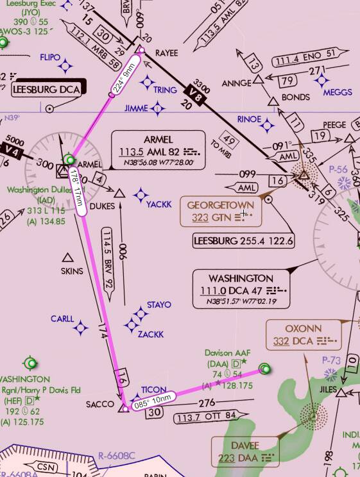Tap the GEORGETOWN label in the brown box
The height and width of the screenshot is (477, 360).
coord(220,205)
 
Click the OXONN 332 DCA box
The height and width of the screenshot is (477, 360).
coord(303,335)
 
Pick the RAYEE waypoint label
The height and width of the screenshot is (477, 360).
coord(167,53)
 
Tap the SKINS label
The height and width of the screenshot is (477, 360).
coord(72,271)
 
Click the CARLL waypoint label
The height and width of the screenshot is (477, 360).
coord(62,319)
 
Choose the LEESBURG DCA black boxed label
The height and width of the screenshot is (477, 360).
coord(47,90)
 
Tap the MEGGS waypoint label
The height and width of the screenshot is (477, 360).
coord(338,92)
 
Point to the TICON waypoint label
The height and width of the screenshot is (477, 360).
coord(154,389)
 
